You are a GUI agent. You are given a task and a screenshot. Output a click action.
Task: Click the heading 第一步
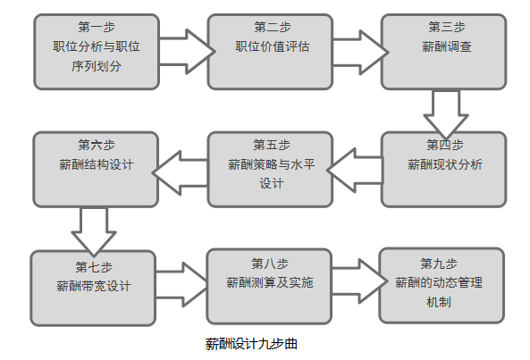pyautogui.click(x=97, y=27)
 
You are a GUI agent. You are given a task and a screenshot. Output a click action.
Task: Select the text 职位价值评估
pyautogui.click(x=273, y=46)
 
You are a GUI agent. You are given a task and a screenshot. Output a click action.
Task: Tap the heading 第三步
pyautogui.click(x=447, y=27)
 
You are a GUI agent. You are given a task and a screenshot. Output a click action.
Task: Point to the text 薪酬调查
pyautogui.click(x=447, y=46)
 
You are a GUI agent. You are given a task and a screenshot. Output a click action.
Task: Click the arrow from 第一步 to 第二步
pyautogui.click(x=187, y=52)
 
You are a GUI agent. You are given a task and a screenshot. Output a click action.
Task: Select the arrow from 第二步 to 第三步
pyautogui.click(x=361, y=53)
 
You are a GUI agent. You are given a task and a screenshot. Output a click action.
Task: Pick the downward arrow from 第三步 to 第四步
pyautogui.click(x=446, y=114)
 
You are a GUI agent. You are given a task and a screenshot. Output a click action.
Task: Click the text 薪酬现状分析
pyautogui.click(x=445, y=164)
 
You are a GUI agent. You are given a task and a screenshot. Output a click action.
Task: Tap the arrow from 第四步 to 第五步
pyautogui.click(x=355, y=171)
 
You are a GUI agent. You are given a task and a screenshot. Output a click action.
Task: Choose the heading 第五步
pyautogui.click(x=272, y=146)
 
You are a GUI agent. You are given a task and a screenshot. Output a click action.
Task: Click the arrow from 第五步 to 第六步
pyautogui.click(x=180, y=172)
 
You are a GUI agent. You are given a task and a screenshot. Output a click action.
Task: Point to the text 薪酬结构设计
pyautogui.click(x=97, y=164)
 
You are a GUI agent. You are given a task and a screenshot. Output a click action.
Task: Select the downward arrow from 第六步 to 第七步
pyautogui.click(x=94, y=231)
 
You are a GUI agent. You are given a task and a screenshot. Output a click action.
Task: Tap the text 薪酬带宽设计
pyautogui.click(x=93, y=286)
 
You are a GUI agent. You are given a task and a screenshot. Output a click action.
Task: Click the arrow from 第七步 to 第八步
pyautogui.click(x=181, y=285)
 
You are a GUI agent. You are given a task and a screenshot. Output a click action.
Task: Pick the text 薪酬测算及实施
pyautogui.click(x=270, y=282)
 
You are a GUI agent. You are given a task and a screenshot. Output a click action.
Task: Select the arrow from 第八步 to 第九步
pyautogui.click(x=359, y=281)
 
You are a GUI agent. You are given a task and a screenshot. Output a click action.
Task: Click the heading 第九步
pyautogui.click(x=439, y=264)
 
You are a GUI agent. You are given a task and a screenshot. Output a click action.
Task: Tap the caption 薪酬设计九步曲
pyautogui.click(x=251, y=344)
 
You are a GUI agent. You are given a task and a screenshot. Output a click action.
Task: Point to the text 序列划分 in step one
pyautogui.click(x=97, y=66)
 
